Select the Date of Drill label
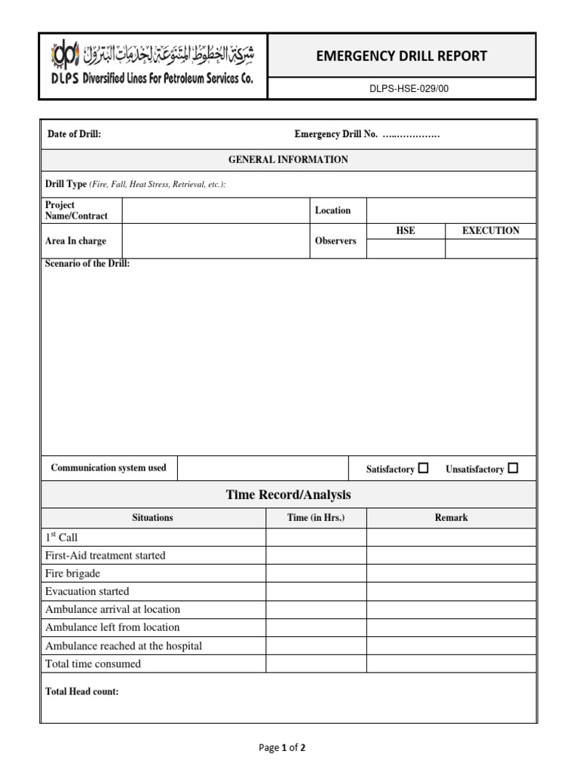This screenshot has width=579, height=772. pyautogui.click(x=74, y=134)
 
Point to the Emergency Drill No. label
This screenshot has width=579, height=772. pyautogui.click(x=335, y=134)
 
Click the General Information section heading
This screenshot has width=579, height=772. pyautogui.click(x=288, y=160)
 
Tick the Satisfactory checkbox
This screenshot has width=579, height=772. pyautogui.click(x=423, y=468)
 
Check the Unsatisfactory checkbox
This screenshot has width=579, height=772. pyautogui.click(x=513, y=468)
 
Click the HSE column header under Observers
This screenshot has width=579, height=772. pyautogui.click(x=406, y=231)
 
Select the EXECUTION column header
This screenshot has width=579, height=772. pyautogui.click(x=490, y=231)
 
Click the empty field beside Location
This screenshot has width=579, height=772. pyautogui.click(x=451, y=210)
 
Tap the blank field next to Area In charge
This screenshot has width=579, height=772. pyautogui.click(x=216, y=241)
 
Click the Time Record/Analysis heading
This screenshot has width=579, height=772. pyautogui.click(x=288, y=495)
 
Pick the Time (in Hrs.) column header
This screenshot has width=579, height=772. pyautogui.click(x=316, y=518)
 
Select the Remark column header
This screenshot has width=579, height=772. pyautogui.click(x=451, y=518)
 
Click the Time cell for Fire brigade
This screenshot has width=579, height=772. pyautogui.click(x=316, y=574)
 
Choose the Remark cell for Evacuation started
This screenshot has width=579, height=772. pyautogui.click(x=451, y=592)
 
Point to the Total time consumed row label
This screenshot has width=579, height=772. pyautogui.click(x=93, y=664)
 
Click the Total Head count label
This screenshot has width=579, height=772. pyautogui.click(x=81, y=691)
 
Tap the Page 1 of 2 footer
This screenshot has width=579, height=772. pyautogui.click(x=282, y=748)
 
